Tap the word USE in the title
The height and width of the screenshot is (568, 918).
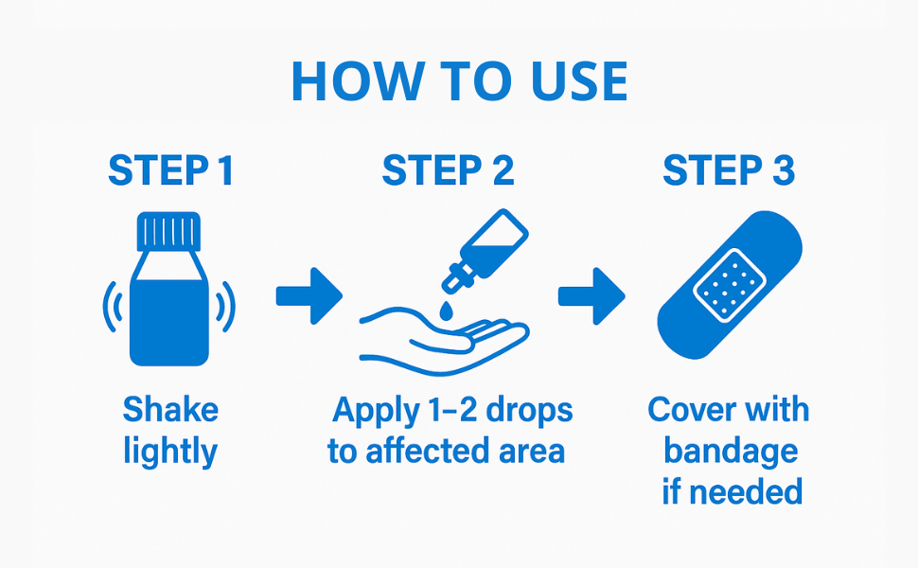[578, 81]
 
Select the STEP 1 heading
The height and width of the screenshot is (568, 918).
[170, 171]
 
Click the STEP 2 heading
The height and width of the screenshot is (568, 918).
[449, 171]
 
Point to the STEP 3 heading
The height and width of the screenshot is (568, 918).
[729, 171]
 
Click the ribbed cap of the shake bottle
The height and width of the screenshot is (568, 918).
[168, 231]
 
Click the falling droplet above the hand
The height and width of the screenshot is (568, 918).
[445, 310]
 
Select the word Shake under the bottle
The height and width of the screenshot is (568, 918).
[170, 410]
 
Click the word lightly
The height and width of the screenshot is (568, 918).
[170, 452]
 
